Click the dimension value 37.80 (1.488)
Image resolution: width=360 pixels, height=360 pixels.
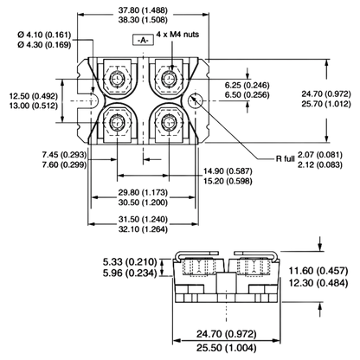[143, 10]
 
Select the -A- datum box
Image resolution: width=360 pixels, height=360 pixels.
[143, 41]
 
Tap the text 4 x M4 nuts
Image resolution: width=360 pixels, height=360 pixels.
[177, 35]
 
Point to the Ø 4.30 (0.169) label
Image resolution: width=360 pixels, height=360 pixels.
[44, 45]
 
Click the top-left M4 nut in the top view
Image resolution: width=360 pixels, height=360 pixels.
[117, 79]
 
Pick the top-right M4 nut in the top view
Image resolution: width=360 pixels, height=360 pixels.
[169, 78]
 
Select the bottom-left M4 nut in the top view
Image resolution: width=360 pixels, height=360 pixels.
[117, 123]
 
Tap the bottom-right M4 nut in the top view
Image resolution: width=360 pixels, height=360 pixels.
[169, 123]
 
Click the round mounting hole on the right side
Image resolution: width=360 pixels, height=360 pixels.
[196, 100]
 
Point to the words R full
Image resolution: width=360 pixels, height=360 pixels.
[286, 159]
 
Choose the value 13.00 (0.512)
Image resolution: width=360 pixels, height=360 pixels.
[34, 106]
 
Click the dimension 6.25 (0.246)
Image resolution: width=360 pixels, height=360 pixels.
[247, 85]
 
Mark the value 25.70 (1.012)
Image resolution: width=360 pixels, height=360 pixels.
[326, 104]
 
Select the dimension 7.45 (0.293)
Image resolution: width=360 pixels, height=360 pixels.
[64, 155]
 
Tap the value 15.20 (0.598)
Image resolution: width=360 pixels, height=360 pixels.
[228, 181]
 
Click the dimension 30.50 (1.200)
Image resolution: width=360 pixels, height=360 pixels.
[143, 202]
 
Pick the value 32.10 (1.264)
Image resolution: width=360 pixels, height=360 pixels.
[143, 229]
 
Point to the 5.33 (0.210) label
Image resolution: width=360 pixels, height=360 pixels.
[130, 262]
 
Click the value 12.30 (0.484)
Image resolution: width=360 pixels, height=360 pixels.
[318, 283]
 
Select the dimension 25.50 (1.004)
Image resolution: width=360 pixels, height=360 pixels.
[227, 348]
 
